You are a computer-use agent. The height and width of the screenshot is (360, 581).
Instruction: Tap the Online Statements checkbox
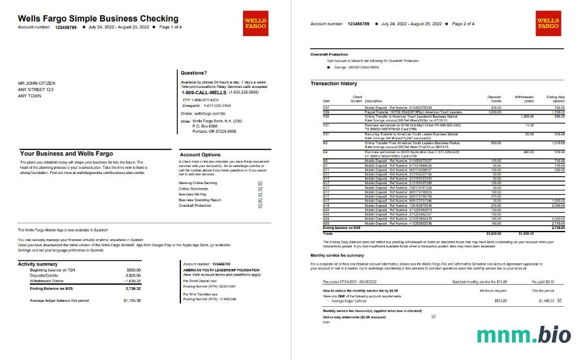pyautogui.click(x=260, y=189)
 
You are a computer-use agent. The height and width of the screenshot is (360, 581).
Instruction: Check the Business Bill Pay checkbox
pyautogui.click(x=260, y=194)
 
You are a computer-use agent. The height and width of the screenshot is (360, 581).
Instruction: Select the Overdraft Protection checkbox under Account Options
pyautogui.click(x=260, y=206)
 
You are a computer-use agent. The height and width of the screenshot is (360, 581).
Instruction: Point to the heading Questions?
pyautogui.click(x=194, y=73)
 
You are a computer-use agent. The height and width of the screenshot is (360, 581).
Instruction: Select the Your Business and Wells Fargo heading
pyautogui.click(x=66, y=154)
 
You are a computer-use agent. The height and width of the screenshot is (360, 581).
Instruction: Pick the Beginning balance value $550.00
pyautogui.click(x=134, y=270)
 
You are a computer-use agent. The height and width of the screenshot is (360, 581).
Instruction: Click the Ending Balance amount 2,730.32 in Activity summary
pyautogui.click(x=132, y=287)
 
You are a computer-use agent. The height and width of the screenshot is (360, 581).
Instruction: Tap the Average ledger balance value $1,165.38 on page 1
pyautogui.click(x=132, y=300)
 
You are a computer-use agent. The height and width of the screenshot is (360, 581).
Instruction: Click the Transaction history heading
pyautogui.click(x=334, y=84)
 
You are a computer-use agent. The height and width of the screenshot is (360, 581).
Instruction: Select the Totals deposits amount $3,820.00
pyautogui.click(x=493, y=233)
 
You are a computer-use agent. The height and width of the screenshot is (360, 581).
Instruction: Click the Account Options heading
pyautogui.click(x=201, y=154)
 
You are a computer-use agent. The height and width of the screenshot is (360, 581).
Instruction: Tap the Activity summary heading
pyautogui.click(x=38, y=263)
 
